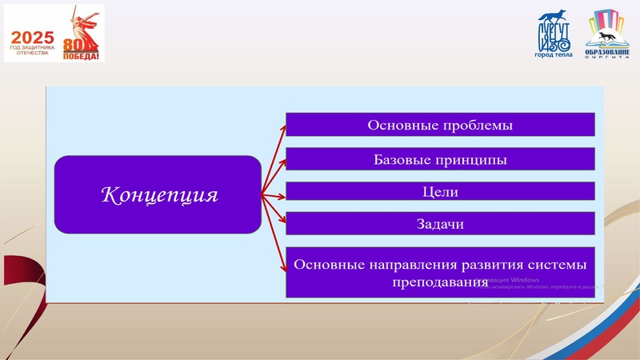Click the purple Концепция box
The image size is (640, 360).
pyautogui.click(x=158, y=194)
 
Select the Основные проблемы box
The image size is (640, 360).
pyautogui.click(x=440, y=125)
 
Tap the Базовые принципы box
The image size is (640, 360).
pyautogui.click(x=440, y=159)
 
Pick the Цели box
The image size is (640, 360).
pyautogui.click(x=440, y=192)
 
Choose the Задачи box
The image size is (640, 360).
pyautogui.click(x=440, y=224)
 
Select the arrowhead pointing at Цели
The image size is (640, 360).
pyautogui.click(x=281, y=193)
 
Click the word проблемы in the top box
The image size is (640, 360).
pyautogui.click(x=474, y=125)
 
